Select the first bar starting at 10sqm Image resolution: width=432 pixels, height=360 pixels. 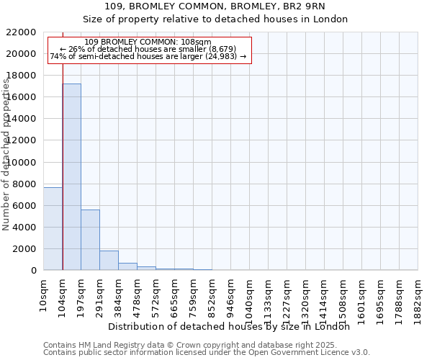click(x=53, y=228)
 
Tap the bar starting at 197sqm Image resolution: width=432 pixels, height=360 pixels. click(x=90, y=240)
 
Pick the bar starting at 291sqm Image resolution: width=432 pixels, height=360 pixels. click(x=109, y=260)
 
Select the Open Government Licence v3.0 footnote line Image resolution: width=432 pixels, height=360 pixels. click(x=206, y=352)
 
